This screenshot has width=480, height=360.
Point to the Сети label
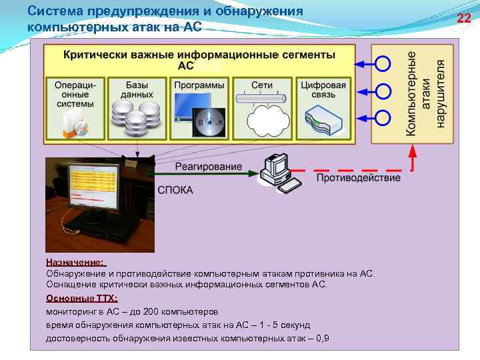click(x=262, y=85)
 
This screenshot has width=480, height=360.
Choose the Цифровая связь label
click(x=323, y=90)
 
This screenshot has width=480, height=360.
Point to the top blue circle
click(x=383, y=65)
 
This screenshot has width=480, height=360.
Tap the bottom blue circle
click(x=383, y=117)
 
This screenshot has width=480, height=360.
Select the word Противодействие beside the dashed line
click(x=358, y=178)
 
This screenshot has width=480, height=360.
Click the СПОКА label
click(x=175, y=190)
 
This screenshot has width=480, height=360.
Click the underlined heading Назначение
click(x=76, y=263)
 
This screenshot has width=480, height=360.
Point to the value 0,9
click(x=322, y=339)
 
